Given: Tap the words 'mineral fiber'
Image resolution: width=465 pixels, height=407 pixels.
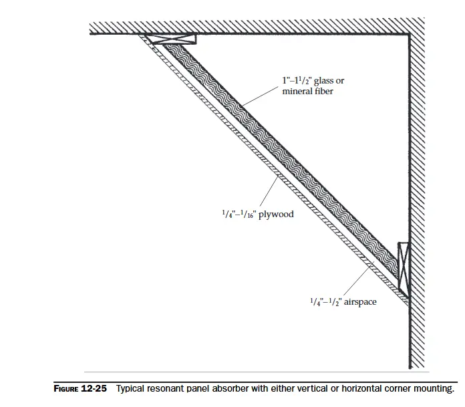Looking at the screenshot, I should (307, 91).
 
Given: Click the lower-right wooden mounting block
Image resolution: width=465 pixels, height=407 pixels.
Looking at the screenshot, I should (403, 265).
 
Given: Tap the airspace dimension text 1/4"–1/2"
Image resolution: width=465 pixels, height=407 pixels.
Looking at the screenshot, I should (325, 301).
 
